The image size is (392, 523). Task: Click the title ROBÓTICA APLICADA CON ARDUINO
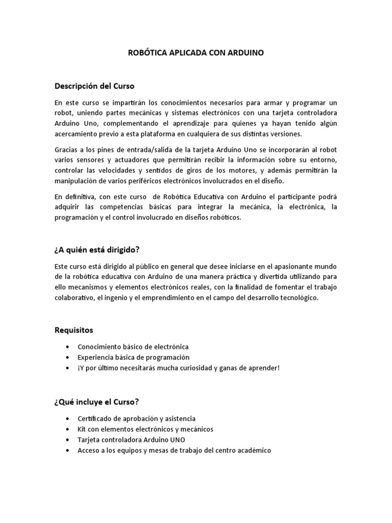195,53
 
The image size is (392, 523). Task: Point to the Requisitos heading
75,330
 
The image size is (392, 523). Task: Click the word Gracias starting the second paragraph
67,149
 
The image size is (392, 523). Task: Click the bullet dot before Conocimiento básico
68,347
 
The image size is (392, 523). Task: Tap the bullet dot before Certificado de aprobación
68,418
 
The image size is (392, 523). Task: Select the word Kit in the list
82,429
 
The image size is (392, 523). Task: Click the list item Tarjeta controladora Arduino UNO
131,440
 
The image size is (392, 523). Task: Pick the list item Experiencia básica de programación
133,358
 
